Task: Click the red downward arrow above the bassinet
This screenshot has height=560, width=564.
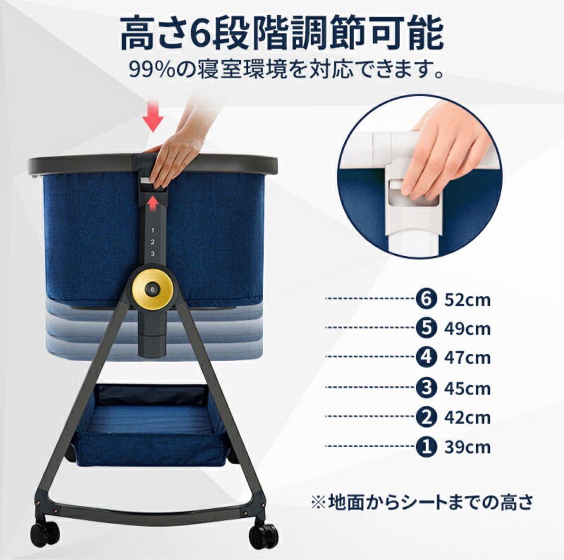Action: click(152, 118)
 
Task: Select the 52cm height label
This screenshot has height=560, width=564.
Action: click(467, 301)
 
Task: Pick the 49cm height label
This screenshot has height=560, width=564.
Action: click(467, 329)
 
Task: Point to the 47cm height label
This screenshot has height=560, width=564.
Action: click(467, 358)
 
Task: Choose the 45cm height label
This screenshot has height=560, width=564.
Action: click(467, 389)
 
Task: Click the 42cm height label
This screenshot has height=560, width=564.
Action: click(467, 418)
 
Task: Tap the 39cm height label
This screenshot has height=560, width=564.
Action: click(467, 448)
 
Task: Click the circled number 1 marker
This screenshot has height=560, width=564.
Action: click(426, 447)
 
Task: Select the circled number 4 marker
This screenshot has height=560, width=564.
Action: click(426, 358)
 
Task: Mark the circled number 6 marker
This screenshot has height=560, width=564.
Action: click(426, 300)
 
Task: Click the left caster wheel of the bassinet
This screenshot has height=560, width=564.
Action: click(44, 532)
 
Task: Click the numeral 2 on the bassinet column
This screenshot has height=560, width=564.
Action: click(152, 242)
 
